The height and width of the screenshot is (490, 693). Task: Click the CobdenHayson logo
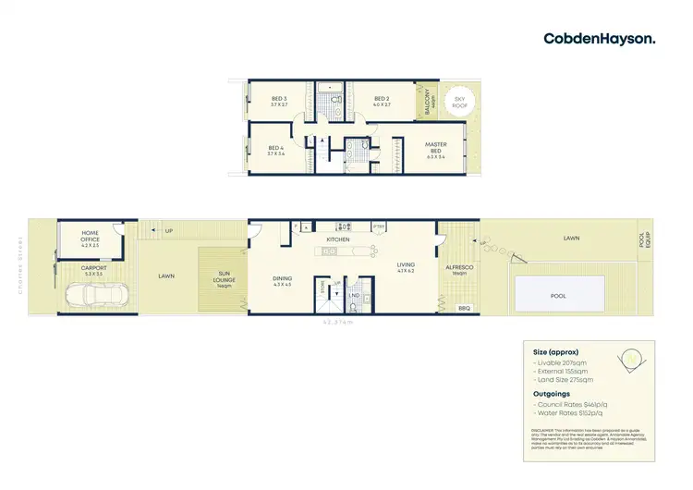tap(600, 38)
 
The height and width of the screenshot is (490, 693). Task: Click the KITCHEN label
tap(336, 240)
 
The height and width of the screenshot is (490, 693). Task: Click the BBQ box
tap(464, 308)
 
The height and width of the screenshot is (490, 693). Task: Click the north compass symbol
tap(632, 357)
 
